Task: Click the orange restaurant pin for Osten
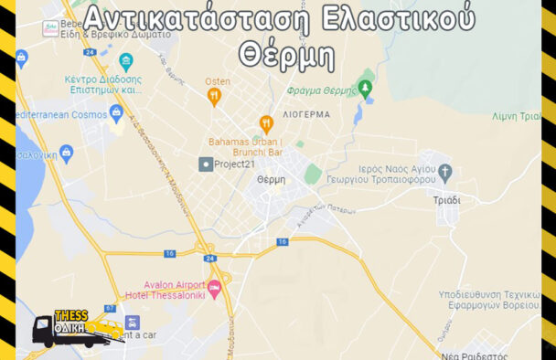tap(214, 96)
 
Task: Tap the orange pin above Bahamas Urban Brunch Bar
tap(266, 123)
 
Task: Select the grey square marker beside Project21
tap(206, 164)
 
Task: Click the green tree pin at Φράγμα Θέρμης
tap(366, 89)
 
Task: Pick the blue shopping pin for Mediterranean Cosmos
tap(116, 113)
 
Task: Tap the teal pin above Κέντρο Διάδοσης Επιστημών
tap(126, 62)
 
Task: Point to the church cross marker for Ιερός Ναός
tap(445, 172)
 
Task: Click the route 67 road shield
tap(110, 308)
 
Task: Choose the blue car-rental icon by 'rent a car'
tap(133, 323)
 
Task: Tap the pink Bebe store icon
tap(50, 28)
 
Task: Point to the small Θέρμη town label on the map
tap(272, 179)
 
